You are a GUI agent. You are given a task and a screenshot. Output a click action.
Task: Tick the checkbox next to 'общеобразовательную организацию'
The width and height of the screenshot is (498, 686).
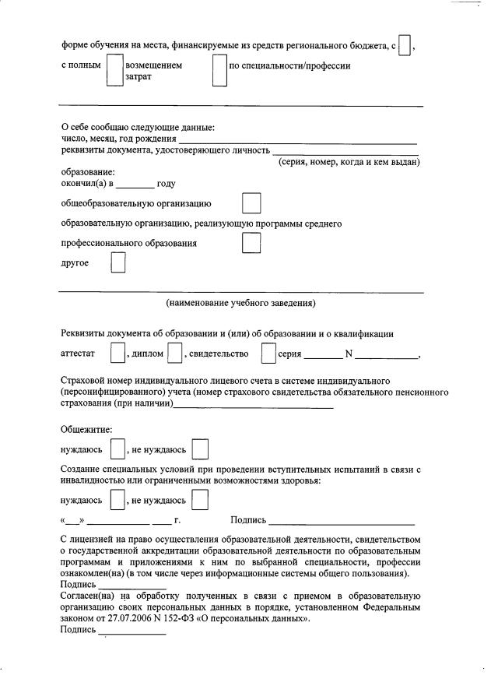pyautogui.click(x=251, y=204)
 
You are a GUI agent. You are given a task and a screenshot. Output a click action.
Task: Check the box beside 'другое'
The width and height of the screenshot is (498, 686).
pyautogui.click(x=117, y=263)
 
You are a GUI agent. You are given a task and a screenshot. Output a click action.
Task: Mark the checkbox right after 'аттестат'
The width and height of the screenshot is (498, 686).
pyautogui.click(x=117, y=354)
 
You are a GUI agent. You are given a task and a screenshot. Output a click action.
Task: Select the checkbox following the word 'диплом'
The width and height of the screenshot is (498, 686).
pyautogui.click(x=175, y=354)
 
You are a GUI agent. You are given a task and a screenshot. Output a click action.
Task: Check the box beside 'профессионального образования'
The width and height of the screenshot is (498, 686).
pyautogui.click(x=251, y=244)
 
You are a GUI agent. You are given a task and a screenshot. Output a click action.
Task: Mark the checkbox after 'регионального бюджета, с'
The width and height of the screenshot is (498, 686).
pyautogui.click(x=404, y=46)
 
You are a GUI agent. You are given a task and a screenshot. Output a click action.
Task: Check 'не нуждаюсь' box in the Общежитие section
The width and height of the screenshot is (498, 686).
pyautogui.click(x=200, y=450)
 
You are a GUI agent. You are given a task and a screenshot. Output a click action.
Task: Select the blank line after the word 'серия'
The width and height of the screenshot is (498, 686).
pyautogui.click(x=322, y=357)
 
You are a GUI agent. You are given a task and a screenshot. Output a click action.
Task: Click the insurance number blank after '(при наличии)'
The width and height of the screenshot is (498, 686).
pyautogui.click(x=254, y=406)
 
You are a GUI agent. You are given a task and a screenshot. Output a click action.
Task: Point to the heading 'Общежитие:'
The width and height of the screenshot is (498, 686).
pyautogui.click(x=86, y=429)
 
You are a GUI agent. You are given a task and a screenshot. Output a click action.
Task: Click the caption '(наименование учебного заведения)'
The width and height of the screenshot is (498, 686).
pyautogui.click(x=241, y=303)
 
